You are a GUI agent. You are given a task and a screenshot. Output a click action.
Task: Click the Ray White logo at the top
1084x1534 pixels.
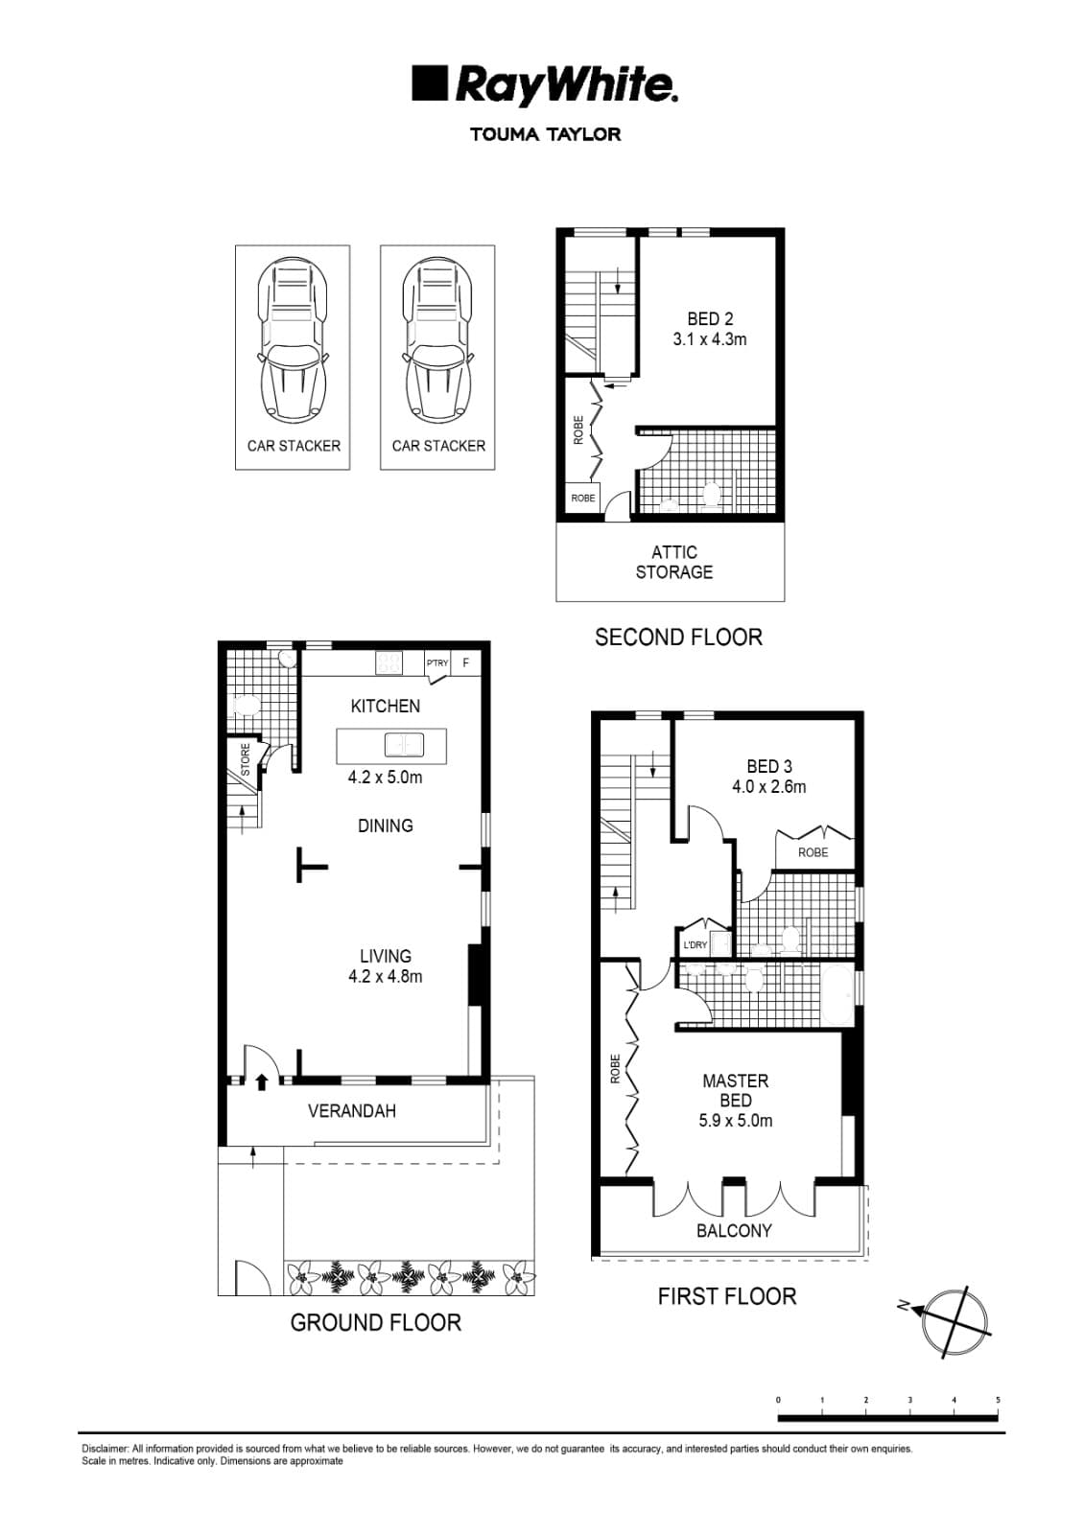point(545,84)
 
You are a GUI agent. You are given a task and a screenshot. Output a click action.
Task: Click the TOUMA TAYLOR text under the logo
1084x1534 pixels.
point(545,134)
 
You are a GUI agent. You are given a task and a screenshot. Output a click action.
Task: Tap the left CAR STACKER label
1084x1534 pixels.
point(294,446)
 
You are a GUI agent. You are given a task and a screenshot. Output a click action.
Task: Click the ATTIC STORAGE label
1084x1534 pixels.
point(673,562)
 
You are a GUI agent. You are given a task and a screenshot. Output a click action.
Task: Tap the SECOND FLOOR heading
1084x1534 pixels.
point(678,638)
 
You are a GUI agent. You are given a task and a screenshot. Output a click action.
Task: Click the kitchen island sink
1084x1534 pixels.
point(404,745)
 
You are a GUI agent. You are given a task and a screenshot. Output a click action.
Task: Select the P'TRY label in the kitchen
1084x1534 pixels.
point(437,663)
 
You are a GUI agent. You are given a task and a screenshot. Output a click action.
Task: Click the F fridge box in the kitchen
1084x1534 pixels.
point(466,663)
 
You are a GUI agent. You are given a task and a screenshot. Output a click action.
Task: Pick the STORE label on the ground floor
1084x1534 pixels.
point(246,759)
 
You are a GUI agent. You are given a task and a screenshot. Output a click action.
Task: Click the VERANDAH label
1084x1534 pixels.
point(351,1111)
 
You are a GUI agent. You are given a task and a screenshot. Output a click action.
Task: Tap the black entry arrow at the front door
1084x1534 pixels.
point(262,1081)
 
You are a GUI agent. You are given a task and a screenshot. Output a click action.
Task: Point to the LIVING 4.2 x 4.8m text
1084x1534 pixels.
point(386,966)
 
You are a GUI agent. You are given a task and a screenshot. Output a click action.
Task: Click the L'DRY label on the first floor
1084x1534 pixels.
point(695,944)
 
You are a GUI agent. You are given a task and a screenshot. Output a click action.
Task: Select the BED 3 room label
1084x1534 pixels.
point(769,777)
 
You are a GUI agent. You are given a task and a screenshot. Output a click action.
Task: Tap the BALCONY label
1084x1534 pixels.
point(734,1231)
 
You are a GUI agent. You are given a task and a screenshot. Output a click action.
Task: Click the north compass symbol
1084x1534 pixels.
point(952,1319)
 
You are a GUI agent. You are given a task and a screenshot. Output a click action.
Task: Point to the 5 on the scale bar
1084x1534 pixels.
point(998,1401)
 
